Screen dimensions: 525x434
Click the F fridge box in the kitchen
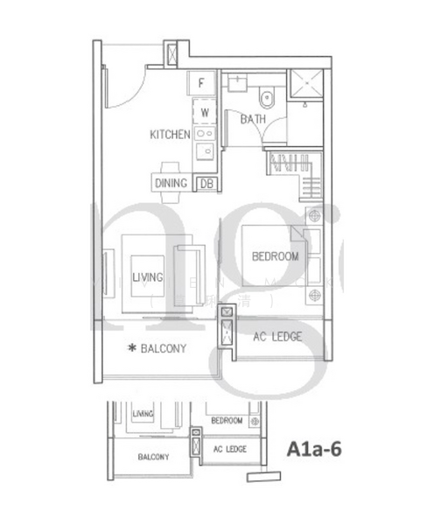click(202, 84)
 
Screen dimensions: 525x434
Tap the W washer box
click(204, 112)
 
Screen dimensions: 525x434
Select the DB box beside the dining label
click(207, 184)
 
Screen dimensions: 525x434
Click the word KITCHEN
click(170, 135)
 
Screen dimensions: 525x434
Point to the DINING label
click(171, 184)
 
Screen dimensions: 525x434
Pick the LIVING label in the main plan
click(148, 277)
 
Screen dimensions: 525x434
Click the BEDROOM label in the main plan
click(275, 256)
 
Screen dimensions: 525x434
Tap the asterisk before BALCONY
click(131, 348)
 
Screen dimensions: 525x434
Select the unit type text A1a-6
click(314, 449)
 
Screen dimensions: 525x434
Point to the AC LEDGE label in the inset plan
click(230, 449)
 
